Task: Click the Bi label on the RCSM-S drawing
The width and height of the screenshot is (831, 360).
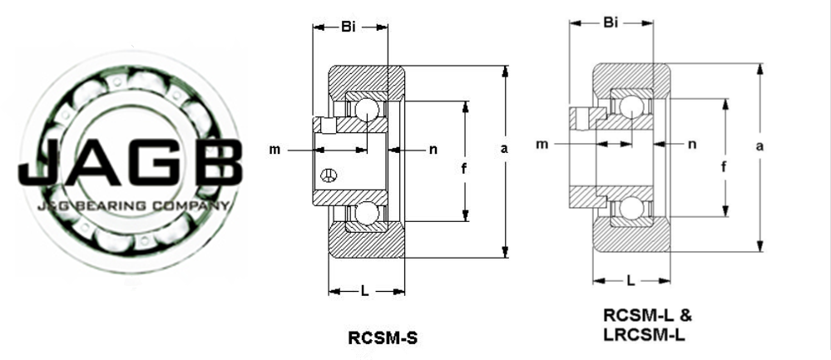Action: click(349, 27)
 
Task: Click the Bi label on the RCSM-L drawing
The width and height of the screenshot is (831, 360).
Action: click(611, 22)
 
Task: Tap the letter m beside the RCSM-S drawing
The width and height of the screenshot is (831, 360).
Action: click(275, 150)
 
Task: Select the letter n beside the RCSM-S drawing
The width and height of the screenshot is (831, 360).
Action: click(433, 150)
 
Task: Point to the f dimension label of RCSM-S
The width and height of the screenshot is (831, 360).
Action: click(464, 169)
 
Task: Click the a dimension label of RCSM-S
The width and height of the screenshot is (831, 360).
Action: click(504, 149)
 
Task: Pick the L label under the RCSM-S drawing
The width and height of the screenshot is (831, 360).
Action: click(364, 290)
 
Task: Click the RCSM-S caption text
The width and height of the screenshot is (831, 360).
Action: click(383, 338)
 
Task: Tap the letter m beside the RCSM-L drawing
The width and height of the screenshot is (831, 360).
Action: click(542, 144)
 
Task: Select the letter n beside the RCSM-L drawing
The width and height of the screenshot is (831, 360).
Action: click(691, 144)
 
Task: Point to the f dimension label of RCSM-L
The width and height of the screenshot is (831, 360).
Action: click(724, 167)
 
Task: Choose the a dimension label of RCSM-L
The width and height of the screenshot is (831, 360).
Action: click(759, 146)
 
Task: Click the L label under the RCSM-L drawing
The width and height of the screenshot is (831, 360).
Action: click(631, 280)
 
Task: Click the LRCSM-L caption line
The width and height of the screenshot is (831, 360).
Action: click(644, 334)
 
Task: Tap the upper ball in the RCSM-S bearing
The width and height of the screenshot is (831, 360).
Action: click(367, 110)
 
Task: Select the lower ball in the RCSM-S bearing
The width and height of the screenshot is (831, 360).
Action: click(367, 214)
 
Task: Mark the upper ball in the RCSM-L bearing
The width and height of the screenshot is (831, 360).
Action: click(631, 107)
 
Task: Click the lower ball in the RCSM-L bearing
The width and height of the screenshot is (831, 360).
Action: click(631, 208)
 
